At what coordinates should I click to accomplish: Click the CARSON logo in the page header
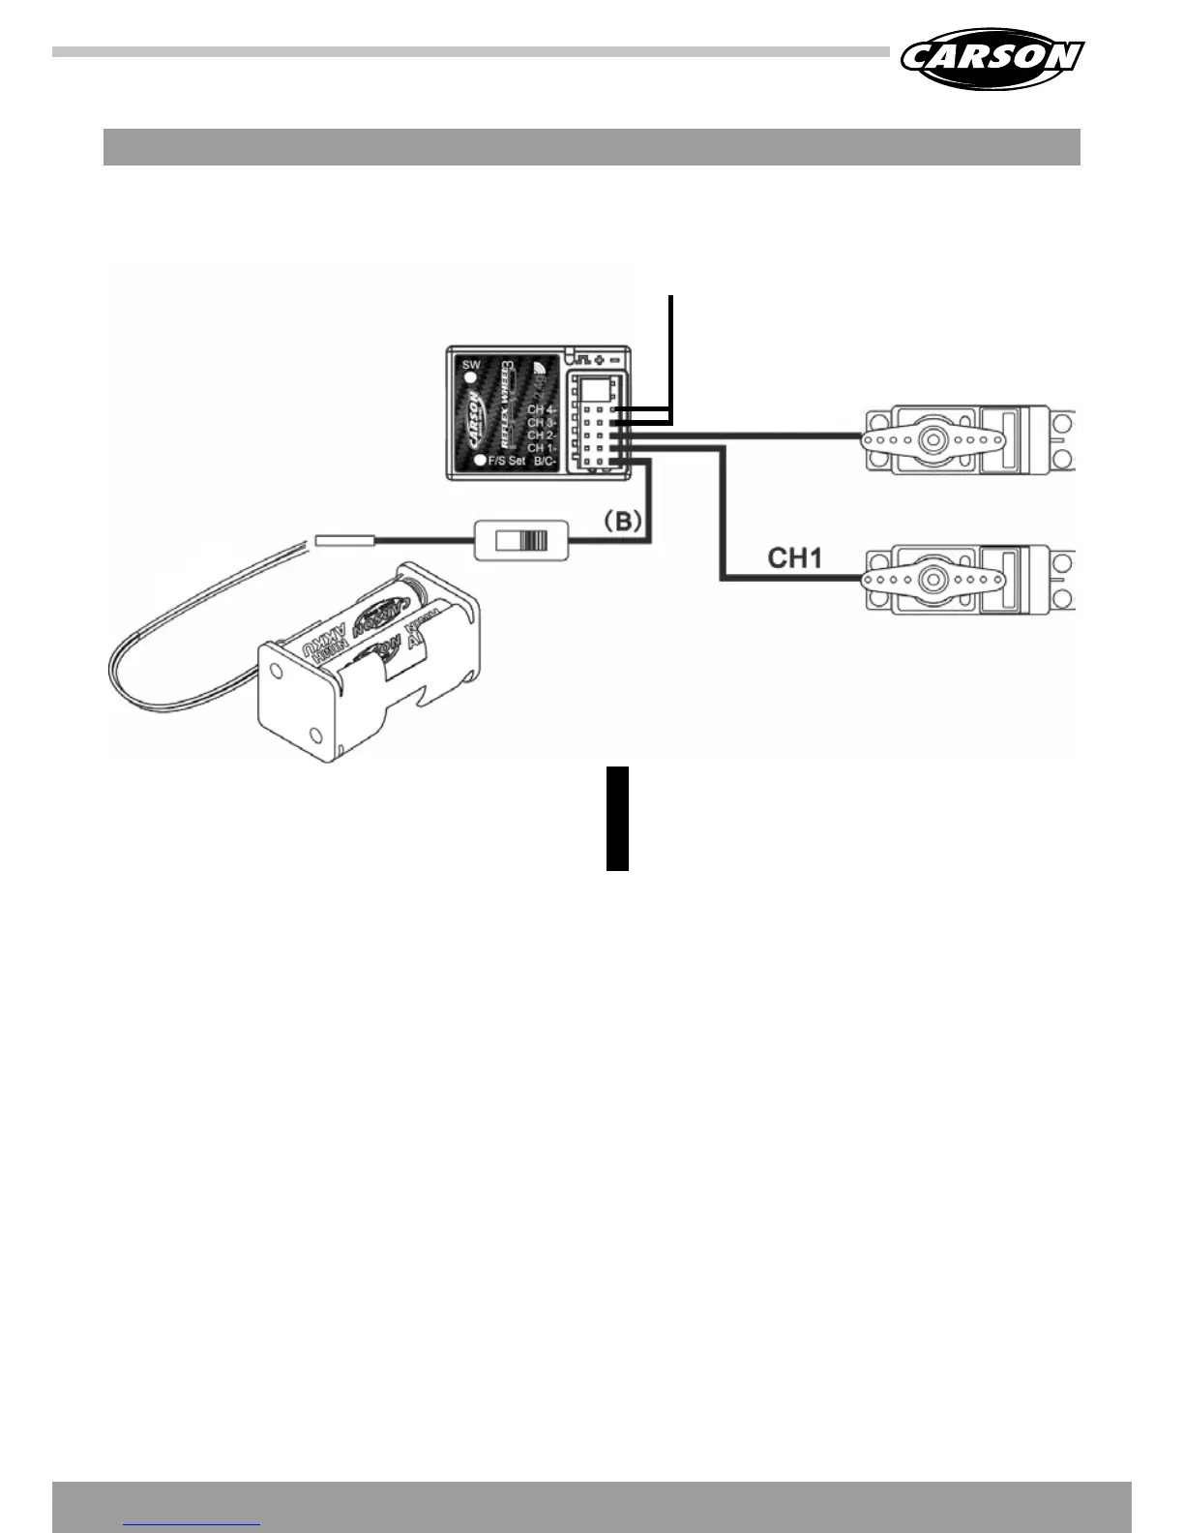992,57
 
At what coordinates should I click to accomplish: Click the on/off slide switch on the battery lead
521,540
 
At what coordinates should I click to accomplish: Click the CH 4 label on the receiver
541,410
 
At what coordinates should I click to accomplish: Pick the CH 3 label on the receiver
541,423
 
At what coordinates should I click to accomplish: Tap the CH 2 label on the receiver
541,436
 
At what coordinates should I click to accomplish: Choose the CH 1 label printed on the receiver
541,448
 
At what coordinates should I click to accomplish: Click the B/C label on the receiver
545,462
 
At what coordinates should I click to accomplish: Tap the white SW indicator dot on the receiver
471,378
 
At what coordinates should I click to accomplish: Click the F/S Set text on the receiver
507,462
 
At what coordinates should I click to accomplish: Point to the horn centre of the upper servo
932,438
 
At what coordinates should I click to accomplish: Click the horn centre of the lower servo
932,580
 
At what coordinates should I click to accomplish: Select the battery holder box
368,658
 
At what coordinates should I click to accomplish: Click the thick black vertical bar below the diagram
617,819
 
